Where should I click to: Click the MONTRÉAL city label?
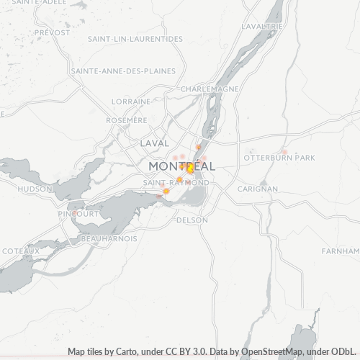click(x=181, y=166)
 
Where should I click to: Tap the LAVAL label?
click(x=155, y=143)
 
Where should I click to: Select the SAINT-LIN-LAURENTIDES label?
click(x=135, y=39)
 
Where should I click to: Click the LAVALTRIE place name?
click(x=262, y=26)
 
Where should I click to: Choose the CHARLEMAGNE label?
click(x=210, y=89)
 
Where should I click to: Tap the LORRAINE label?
click(x=132, y=102)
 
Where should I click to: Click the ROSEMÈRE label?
click(x=127, y=120)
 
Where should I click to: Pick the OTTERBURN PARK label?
click(x=279, y=157)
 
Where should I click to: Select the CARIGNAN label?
click(x=258, y=189)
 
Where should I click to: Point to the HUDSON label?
click(x=35, y=189)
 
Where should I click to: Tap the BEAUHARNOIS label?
click(x=109, y=238)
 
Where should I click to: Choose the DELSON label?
click(x=192, y=220)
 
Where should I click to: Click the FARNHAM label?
click(x=341, y=251)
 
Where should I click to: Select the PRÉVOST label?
click(x=52, y=32)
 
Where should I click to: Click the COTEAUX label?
click(x=20, y=250)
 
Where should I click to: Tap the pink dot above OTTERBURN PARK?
click(x=285, y=150)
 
